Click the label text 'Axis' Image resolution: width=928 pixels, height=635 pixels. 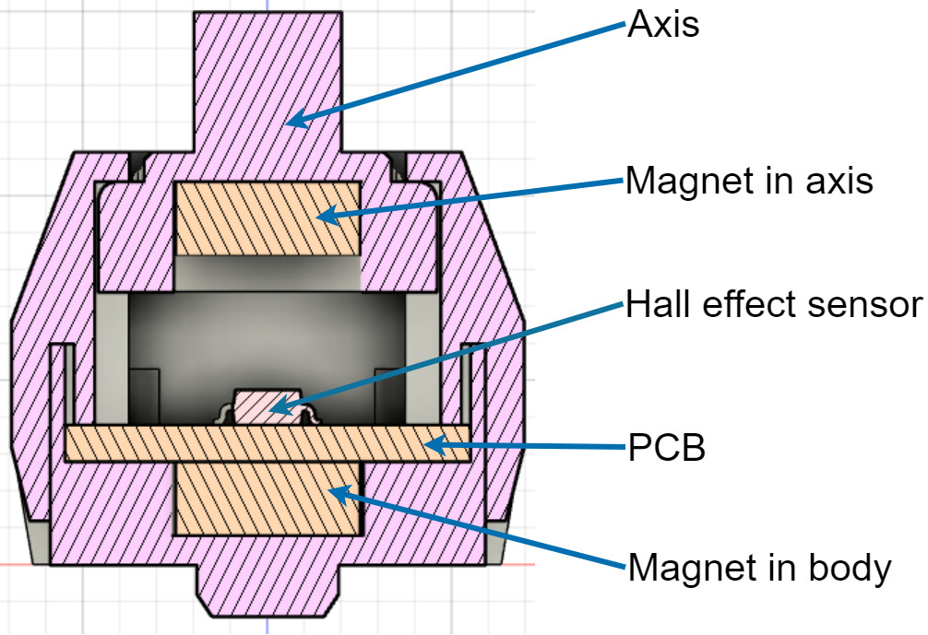(663, 25)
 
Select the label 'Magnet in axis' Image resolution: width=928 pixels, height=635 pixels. (749, 181)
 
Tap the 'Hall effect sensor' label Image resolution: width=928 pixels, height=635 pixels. (773, 304)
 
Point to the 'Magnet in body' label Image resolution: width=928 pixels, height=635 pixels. (759, 567)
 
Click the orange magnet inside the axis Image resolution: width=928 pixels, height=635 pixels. (267, 218)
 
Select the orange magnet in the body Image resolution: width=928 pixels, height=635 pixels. (267, 499)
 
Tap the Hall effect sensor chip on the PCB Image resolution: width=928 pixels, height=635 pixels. (267, 406)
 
